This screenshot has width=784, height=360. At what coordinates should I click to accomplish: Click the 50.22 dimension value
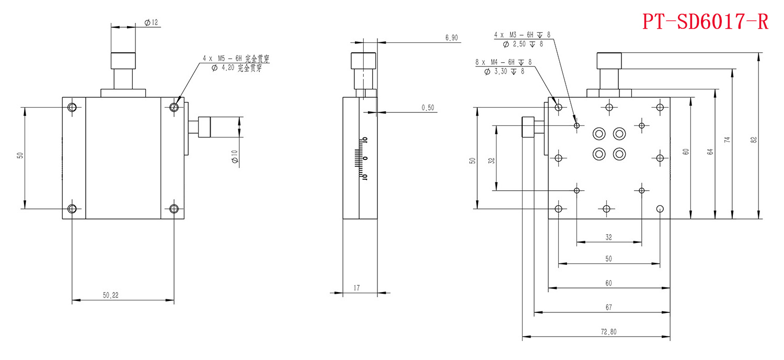coord(111,295)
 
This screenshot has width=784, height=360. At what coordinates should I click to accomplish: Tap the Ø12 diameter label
coord(151,22)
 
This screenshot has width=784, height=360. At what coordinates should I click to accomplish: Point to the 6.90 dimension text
coord(452,38)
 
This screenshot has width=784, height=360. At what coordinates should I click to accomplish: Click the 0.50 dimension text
coord(428,108)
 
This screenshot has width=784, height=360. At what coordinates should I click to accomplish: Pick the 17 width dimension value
coord(356,287)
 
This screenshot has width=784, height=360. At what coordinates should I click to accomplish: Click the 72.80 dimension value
coord(608,332)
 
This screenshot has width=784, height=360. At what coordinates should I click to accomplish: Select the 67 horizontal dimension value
coord(608,307)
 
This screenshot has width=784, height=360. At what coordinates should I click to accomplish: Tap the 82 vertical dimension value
coord(753,140)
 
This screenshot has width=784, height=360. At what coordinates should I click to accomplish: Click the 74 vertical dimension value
coord(727,140)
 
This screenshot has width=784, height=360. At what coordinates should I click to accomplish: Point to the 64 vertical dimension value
coord(710,152)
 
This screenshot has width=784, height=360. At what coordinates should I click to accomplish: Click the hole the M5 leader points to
coord(174,108)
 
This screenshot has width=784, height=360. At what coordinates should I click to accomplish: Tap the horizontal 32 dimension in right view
coord(608,237)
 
